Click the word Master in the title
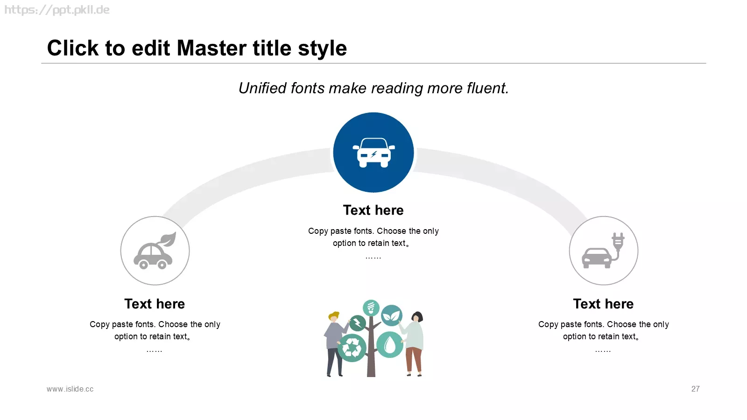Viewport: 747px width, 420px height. pyautogui.click(x=212, y=48)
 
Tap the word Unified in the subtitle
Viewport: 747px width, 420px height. pyautogui.click(x=262, y=88)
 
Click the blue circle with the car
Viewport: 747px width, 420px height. pyautogui.click(x=373, y=152)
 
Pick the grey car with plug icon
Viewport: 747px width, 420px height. pyautogui.click(x=603, y=251)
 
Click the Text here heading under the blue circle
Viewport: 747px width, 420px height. pyautogui.click(x=373, y=210)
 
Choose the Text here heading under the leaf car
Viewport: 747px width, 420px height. pyautogui.click(x=155, y=304)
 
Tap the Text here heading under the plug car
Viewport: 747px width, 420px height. pyautogui.click(x=603, y=304)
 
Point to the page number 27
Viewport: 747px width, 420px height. pyautogui.click(x=695, y=389)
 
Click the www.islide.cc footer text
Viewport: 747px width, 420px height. pyautogui.click(x=70, y=389)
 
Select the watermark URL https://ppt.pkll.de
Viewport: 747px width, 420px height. pyautogui.click(x=57, y=10)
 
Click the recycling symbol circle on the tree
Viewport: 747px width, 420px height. pyautogui.click(x=352, y=348)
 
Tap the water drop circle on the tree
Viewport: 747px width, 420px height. pyautogui.click(x=389, y=345)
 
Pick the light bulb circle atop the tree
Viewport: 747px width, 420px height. pyautogui.click(x=371, y=308)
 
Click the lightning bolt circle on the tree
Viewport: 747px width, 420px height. pyautogui.click(x=358, y=323)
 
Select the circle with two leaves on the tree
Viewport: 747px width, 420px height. pyautogui.click(x=392, y=315)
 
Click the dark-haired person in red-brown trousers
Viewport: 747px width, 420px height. pyautogui.click(x=413, y=344)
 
